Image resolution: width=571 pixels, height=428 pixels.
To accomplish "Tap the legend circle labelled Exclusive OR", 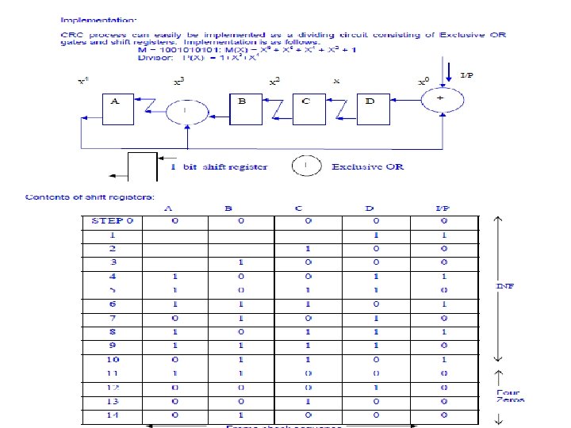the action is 306,166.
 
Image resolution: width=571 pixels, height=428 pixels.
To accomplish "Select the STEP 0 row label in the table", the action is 112,220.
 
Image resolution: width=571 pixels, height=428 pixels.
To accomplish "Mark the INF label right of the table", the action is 505,285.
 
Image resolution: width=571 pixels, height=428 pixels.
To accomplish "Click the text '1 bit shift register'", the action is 219,166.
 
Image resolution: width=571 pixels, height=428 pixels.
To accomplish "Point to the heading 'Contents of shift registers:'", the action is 90,196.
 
